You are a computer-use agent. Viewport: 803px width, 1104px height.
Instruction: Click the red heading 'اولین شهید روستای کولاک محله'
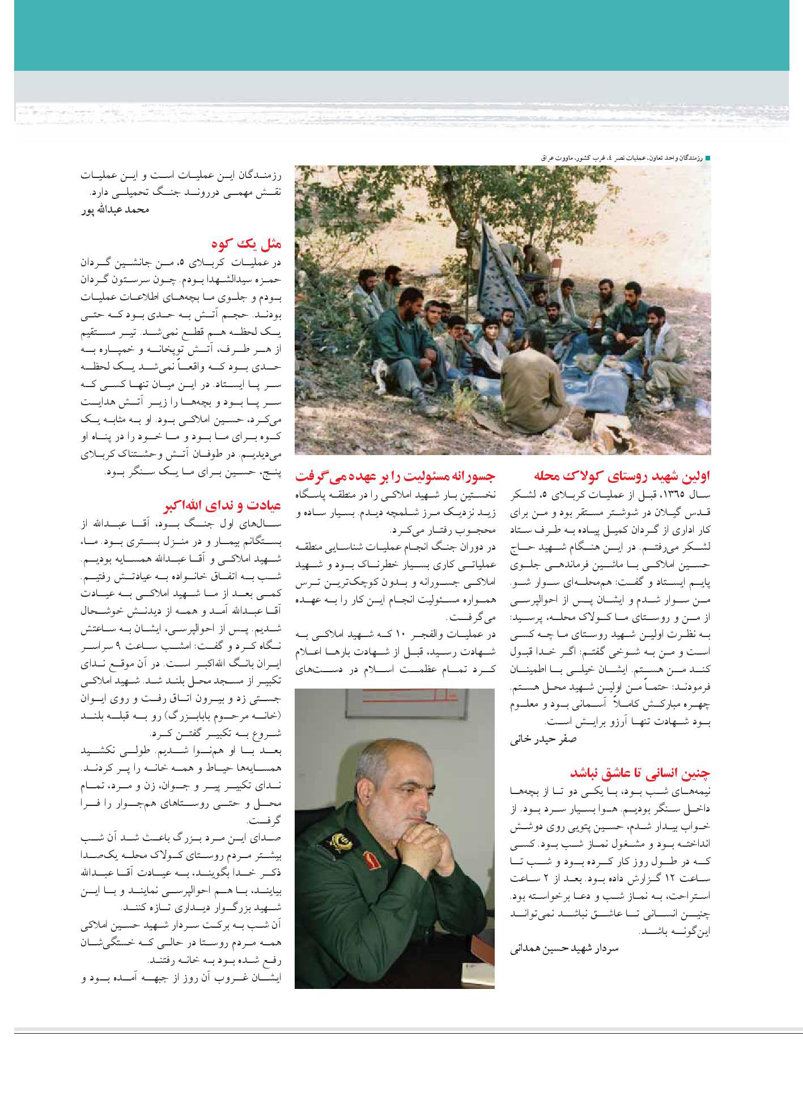[622, 475]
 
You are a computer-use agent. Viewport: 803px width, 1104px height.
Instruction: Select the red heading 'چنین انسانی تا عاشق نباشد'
[639, 773]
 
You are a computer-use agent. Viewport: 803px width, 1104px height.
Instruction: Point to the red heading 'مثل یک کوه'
[247, 245]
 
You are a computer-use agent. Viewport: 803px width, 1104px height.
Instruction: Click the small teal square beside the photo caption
[707, 159]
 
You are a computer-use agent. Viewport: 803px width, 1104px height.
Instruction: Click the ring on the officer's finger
[437, 829]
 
